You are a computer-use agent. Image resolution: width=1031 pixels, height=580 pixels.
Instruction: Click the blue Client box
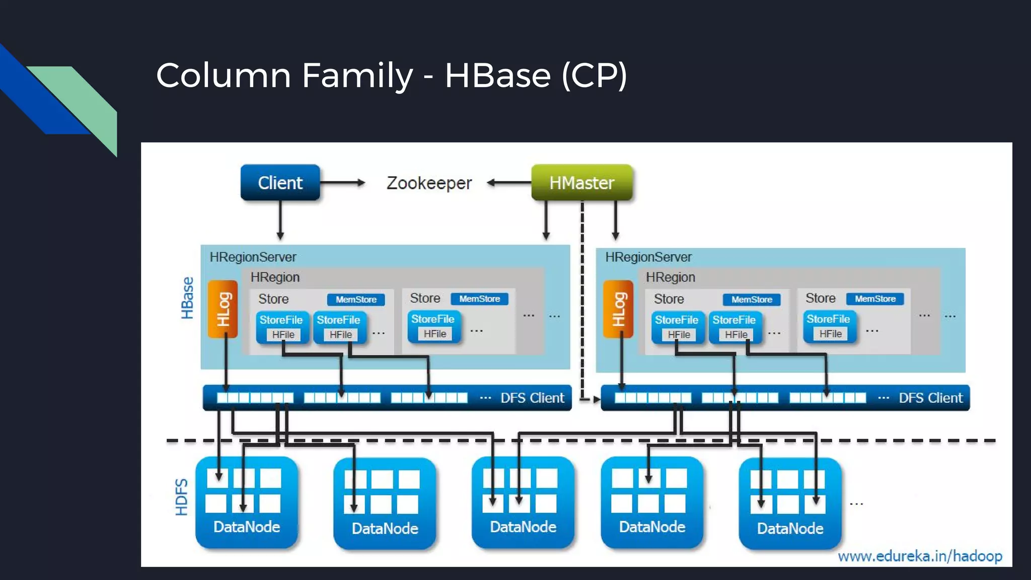[x=280, y=182]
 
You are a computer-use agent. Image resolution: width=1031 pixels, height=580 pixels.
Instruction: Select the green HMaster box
[x=581, y=182]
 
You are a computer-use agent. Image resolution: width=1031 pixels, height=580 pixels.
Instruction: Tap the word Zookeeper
[x=429, y=183]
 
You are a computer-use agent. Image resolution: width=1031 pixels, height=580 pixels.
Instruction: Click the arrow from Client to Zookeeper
[x=342, y=182]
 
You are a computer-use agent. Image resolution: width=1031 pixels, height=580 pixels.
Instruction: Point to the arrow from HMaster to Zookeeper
[x=508, y=182]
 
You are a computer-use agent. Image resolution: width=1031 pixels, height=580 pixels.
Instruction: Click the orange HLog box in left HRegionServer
[x=223, y=309]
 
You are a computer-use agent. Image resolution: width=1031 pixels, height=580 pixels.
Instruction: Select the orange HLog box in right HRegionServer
[x=618, y=309]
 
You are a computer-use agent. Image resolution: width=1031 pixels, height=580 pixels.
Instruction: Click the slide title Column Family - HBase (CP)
[x=392, y=76]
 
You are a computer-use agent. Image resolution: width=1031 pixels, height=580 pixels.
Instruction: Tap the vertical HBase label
[x=187, y=298]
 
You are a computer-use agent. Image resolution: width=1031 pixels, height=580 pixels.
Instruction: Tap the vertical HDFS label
[x=181, y=497]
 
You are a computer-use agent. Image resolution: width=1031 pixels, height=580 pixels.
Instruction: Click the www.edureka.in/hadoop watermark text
[x=920, y=556]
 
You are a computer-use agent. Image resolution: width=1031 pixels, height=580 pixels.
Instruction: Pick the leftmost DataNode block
[x=247, y=502]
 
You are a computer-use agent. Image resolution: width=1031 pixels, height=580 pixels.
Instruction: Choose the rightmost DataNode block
[x=790, y=503]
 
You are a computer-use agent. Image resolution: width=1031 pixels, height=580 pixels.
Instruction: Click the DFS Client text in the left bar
[x=532, y=398]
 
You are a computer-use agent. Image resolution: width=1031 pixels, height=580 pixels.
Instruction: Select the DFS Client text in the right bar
[x=930, y=398]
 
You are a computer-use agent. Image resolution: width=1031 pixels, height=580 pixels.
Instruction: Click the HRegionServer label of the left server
[x=253, y=257]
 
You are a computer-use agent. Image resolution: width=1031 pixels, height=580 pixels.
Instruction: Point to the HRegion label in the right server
[x=670, y=277]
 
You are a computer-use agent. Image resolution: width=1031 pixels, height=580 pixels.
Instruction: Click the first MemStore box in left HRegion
[x=356, y=300]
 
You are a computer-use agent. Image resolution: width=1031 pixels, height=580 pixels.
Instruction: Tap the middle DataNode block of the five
[x=523, y=502]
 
